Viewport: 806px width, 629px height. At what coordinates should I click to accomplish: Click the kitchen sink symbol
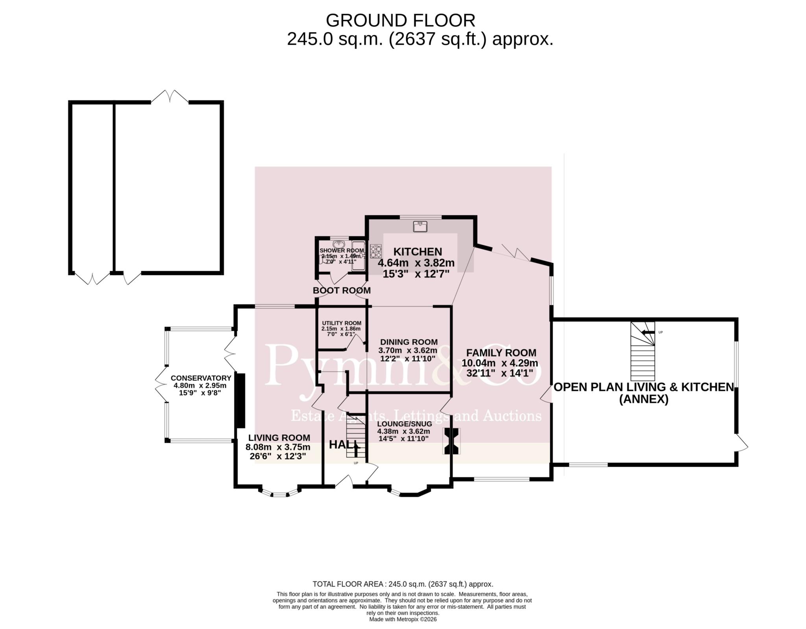420,226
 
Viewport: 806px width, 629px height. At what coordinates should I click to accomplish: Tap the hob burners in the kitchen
376,251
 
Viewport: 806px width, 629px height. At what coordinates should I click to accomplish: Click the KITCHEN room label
418,252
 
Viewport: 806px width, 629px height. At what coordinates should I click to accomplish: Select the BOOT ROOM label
342,290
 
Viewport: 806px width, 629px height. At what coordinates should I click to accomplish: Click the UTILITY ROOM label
341,323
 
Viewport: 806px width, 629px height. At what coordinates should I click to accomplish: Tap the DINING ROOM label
409,342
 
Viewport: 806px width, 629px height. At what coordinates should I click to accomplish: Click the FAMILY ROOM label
501,353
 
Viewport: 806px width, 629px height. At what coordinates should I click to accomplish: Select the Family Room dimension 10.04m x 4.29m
500,363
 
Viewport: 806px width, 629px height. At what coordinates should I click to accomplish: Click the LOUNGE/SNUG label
405,424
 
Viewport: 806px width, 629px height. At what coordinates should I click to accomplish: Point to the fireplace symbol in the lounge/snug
451,441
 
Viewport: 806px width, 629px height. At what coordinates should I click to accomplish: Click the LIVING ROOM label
279,438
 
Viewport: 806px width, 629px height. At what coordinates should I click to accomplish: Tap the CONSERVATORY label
201,378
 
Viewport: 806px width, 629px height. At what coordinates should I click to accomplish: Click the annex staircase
643,351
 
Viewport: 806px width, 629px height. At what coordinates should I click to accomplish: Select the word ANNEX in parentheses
644,400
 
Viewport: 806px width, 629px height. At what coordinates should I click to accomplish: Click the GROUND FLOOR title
400,20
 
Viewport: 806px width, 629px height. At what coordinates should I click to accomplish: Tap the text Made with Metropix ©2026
403,619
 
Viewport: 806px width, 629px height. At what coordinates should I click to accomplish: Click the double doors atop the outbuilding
170,96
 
